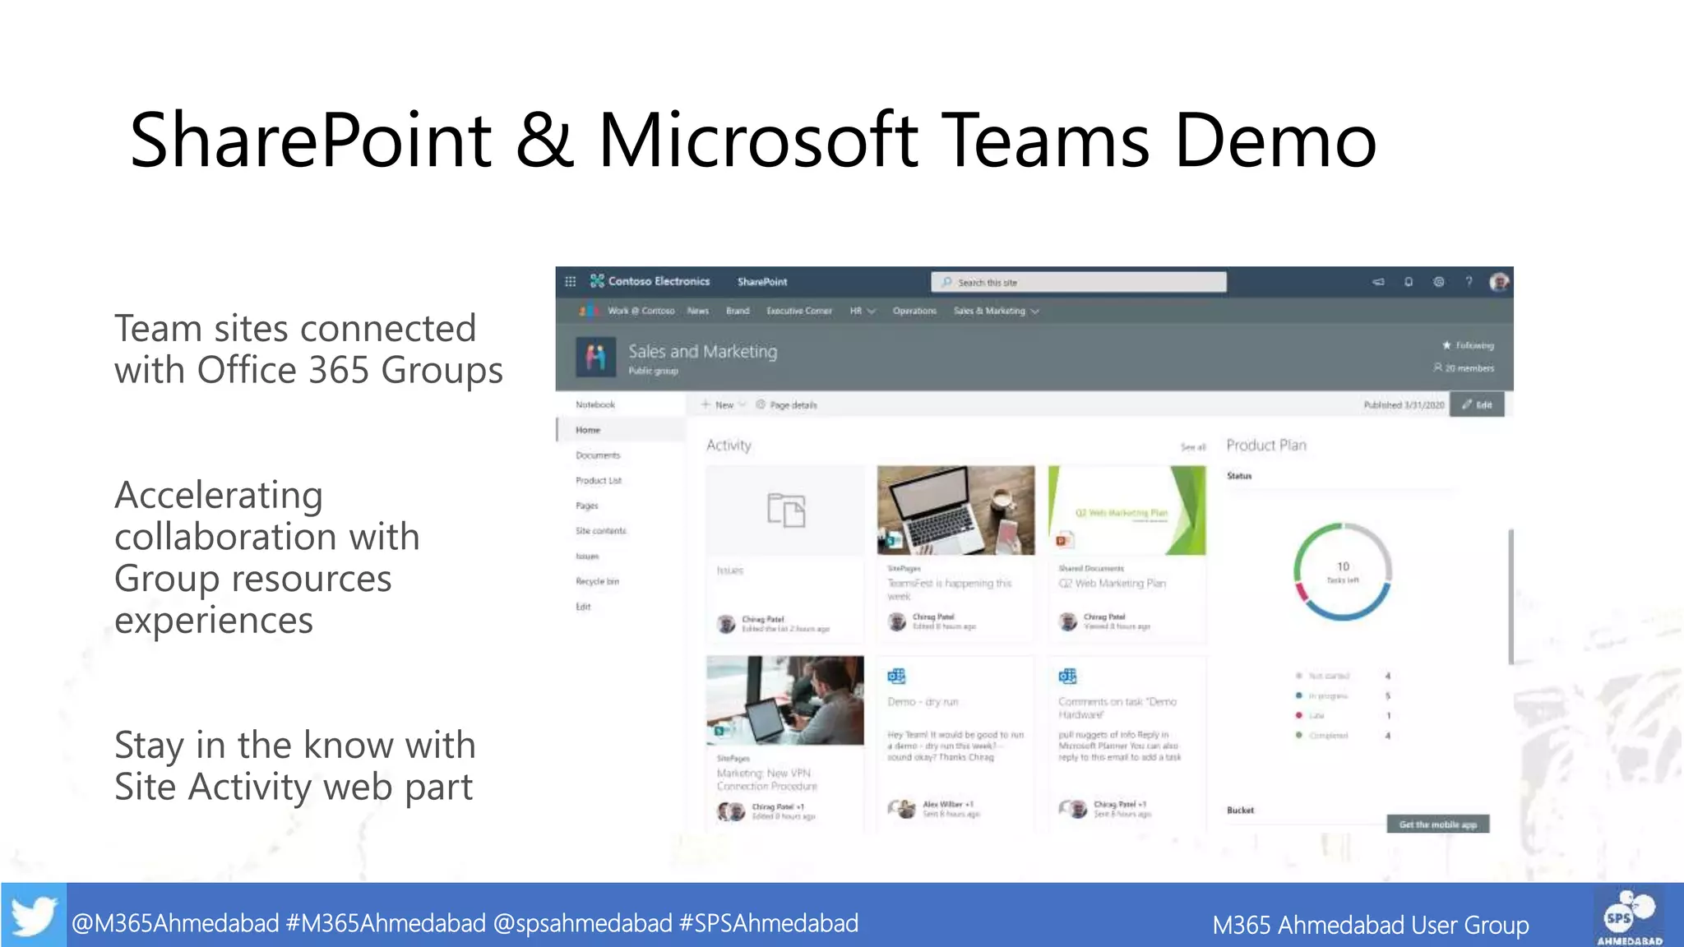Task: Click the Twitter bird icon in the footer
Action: (x=34, y=916)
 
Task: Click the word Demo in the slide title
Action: (x=1275, y=141)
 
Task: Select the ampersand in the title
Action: (x=544, y=141)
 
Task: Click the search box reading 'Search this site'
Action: (x=1078, y=282)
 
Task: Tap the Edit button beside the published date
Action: (x=1477, y=404)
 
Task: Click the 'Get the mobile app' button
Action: (x=1437, y=825)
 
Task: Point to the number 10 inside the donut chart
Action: (x=1343, y=566)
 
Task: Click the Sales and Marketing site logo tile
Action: (x=595, y=357)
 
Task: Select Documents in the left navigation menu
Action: (x=598, y=455)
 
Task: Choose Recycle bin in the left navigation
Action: (x=597, y=581)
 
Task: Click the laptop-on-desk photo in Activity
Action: (x=955, y=510)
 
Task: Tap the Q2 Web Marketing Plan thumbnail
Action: (x=1127, y=510)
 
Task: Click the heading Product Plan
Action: (x=1266, y=445)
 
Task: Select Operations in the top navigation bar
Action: (x=914, y=311)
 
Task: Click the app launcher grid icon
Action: (x=570, y=281)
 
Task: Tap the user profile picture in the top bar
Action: (x=1499, y=282)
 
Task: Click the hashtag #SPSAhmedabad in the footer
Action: (x=768, y=923)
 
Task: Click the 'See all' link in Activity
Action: (x=1192, y=447)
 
